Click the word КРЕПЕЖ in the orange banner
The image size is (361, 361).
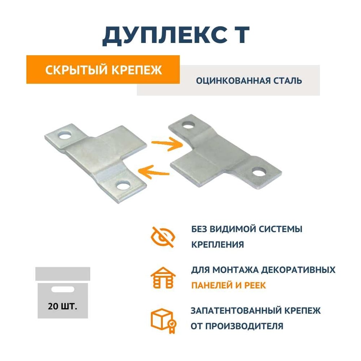[x=137, y=70]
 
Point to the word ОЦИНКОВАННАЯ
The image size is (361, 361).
[x=233, y=81]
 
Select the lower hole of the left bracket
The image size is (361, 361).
[x=123, y=185]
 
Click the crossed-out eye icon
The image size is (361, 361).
[x=162, y=237]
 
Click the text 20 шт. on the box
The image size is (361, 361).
[x=62, y=306]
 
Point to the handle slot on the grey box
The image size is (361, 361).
[x=62, y=289]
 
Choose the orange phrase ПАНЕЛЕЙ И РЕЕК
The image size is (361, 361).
[x=229, y=286]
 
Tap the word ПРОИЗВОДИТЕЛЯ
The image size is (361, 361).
[x=244, y=326]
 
